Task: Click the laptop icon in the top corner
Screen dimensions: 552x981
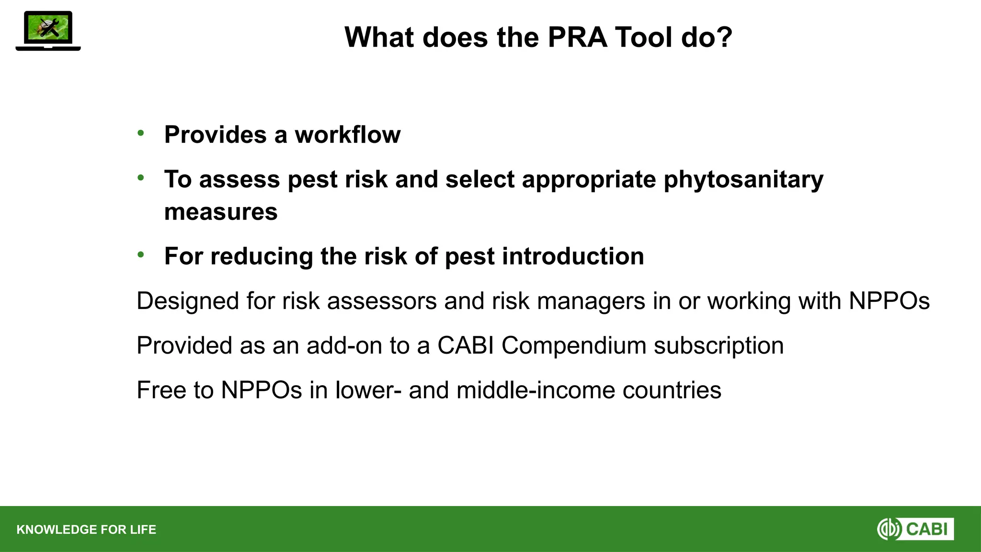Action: click(48, 31)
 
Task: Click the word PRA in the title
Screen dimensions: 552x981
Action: click(577, 37)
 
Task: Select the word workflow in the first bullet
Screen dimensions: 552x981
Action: click(347, 135)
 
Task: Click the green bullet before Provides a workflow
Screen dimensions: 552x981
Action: click(140, 133)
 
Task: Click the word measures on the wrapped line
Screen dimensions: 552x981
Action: click(221, 212)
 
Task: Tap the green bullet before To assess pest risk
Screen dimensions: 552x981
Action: click(140, 178)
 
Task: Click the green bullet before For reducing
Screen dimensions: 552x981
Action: click(140, 254)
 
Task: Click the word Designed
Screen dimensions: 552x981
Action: click(188, 301)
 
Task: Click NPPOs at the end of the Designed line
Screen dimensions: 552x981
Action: click(889, 301)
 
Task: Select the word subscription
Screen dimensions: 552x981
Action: click(719, 346)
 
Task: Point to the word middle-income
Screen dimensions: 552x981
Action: click(536, 390)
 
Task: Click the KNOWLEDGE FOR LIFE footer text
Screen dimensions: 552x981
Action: click(86, 529)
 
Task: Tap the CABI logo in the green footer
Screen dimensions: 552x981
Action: click(915, 529)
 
